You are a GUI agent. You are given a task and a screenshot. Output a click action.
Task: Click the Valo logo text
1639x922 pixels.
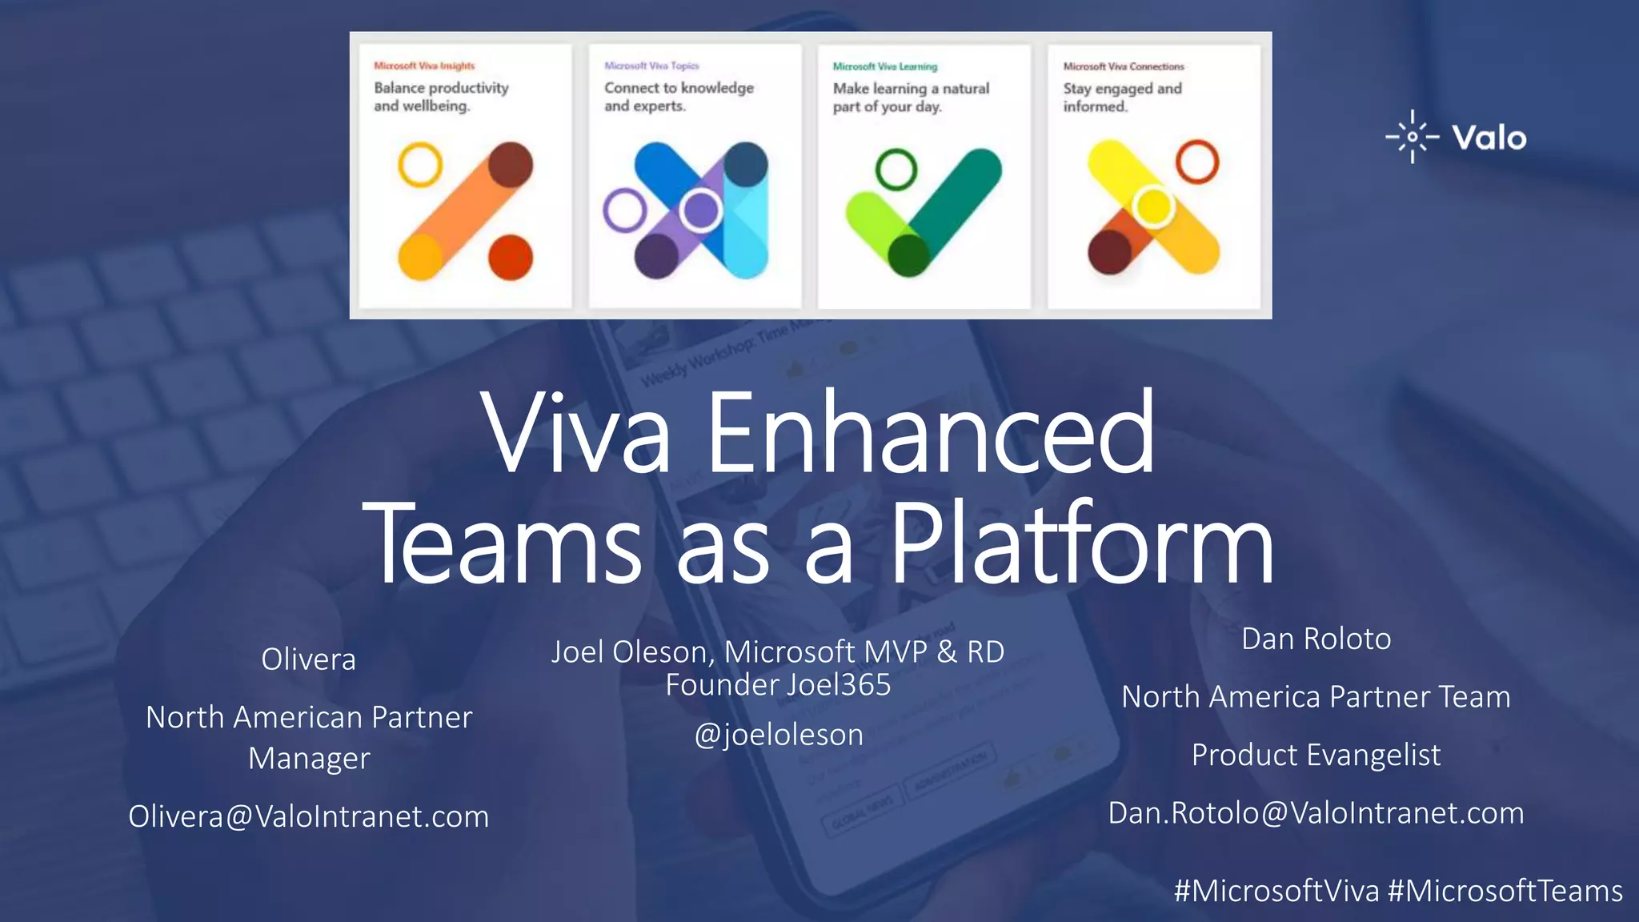(1489, 138)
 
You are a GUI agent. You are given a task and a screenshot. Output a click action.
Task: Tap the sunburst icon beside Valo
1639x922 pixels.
(1413, 137)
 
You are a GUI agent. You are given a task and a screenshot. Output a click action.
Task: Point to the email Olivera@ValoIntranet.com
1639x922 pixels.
(308, 816)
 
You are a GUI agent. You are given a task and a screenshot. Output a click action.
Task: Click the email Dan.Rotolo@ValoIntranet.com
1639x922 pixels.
(1316, 813)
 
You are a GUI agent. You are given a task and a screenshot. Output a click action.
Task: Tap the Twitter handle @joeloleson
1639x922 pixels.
(778, 735)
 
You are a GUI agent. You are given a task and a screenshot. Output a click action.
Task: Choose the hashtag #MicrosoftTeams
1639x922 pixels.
(1505, 891)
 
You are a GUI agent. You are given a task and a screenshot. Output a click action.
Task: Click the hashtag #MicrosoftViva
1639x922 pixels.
(1276, 891)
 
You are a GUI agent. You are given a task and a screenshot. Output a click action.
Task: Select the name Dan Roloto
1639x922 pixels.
(1316, 639)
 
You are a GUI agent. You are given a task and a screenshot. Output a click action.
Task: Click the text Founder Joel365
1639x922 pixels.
(778, 685)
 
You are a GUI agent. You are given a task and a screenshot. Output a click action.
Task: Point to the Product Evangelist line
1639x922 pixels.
(1316, 755)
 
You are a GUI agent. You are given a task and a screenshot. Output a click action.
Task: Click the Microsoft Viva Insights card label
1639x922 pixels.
(424, 66)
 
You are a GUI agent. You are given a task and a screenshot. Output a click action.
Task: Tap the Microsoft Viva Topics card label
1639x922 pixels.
(651, 66)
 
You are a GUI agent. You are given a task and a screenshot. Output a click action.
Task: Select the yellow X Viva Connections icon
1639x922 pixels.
(1152, 208)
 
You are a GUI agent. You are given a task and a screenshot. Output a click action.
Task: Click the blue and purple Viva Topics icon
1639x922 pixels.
(693, 210)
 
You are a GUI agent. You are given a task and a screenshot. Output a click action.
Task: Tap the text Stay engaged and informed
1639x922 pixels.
(1122, 97)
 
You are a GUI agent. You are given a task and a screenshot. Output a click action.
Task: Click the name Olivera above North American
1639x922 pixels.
(308, 659)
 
